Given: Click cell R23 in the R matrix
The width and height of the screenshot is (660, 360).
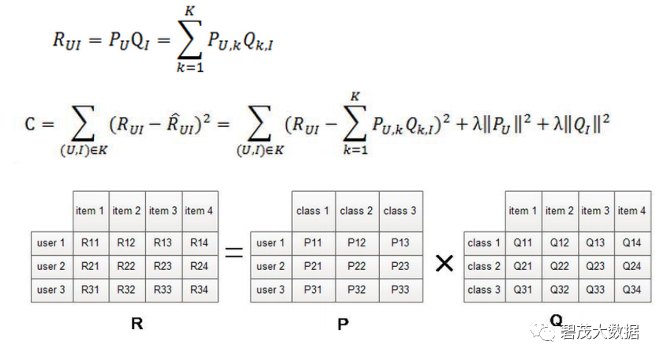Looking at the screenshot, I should [163, 267].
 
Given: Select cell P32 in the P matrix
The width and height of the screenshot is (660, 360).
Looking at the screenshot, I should [357, 290].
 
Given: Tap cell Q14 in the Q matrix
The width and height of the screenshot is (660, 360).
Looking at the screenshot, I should [632, 243].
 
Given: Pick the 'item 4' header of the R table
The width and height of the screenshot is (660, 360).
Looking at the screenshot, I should [199, 211].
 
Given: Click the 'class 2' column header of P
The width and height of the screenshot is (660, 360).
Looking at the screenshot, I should [357, 211].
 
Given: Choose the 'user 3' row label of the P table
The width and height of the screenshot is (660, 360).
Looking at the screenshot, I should [271, 290].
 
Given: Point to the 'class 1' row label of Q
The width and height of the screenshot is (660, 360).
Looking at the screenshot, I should [484, 243].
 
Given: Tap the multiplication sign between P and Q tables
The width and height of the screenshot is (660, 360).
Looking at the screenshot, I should [444, 263].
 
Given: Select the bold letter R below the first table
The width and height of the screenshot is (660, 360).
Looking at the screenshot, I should [137, 323].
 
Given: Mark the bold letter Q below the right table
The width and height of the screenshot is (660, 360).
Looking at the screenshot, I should [557, 321].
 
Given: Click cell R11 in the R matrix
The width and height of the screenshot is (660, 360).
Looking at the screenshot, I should [91, 243].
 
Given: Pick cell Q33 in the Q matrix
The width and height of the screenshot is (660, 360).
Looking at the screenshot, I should [596, 290].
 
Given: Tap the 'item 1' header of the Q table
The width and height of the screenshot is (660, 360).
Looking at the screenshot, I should [523, 211].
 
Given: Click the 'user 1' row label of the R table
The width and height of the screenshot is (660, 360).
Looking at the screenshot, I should [51, 243].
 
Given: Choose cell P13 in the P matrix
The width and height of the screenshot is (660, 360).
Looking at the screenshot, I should [400, 243].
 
